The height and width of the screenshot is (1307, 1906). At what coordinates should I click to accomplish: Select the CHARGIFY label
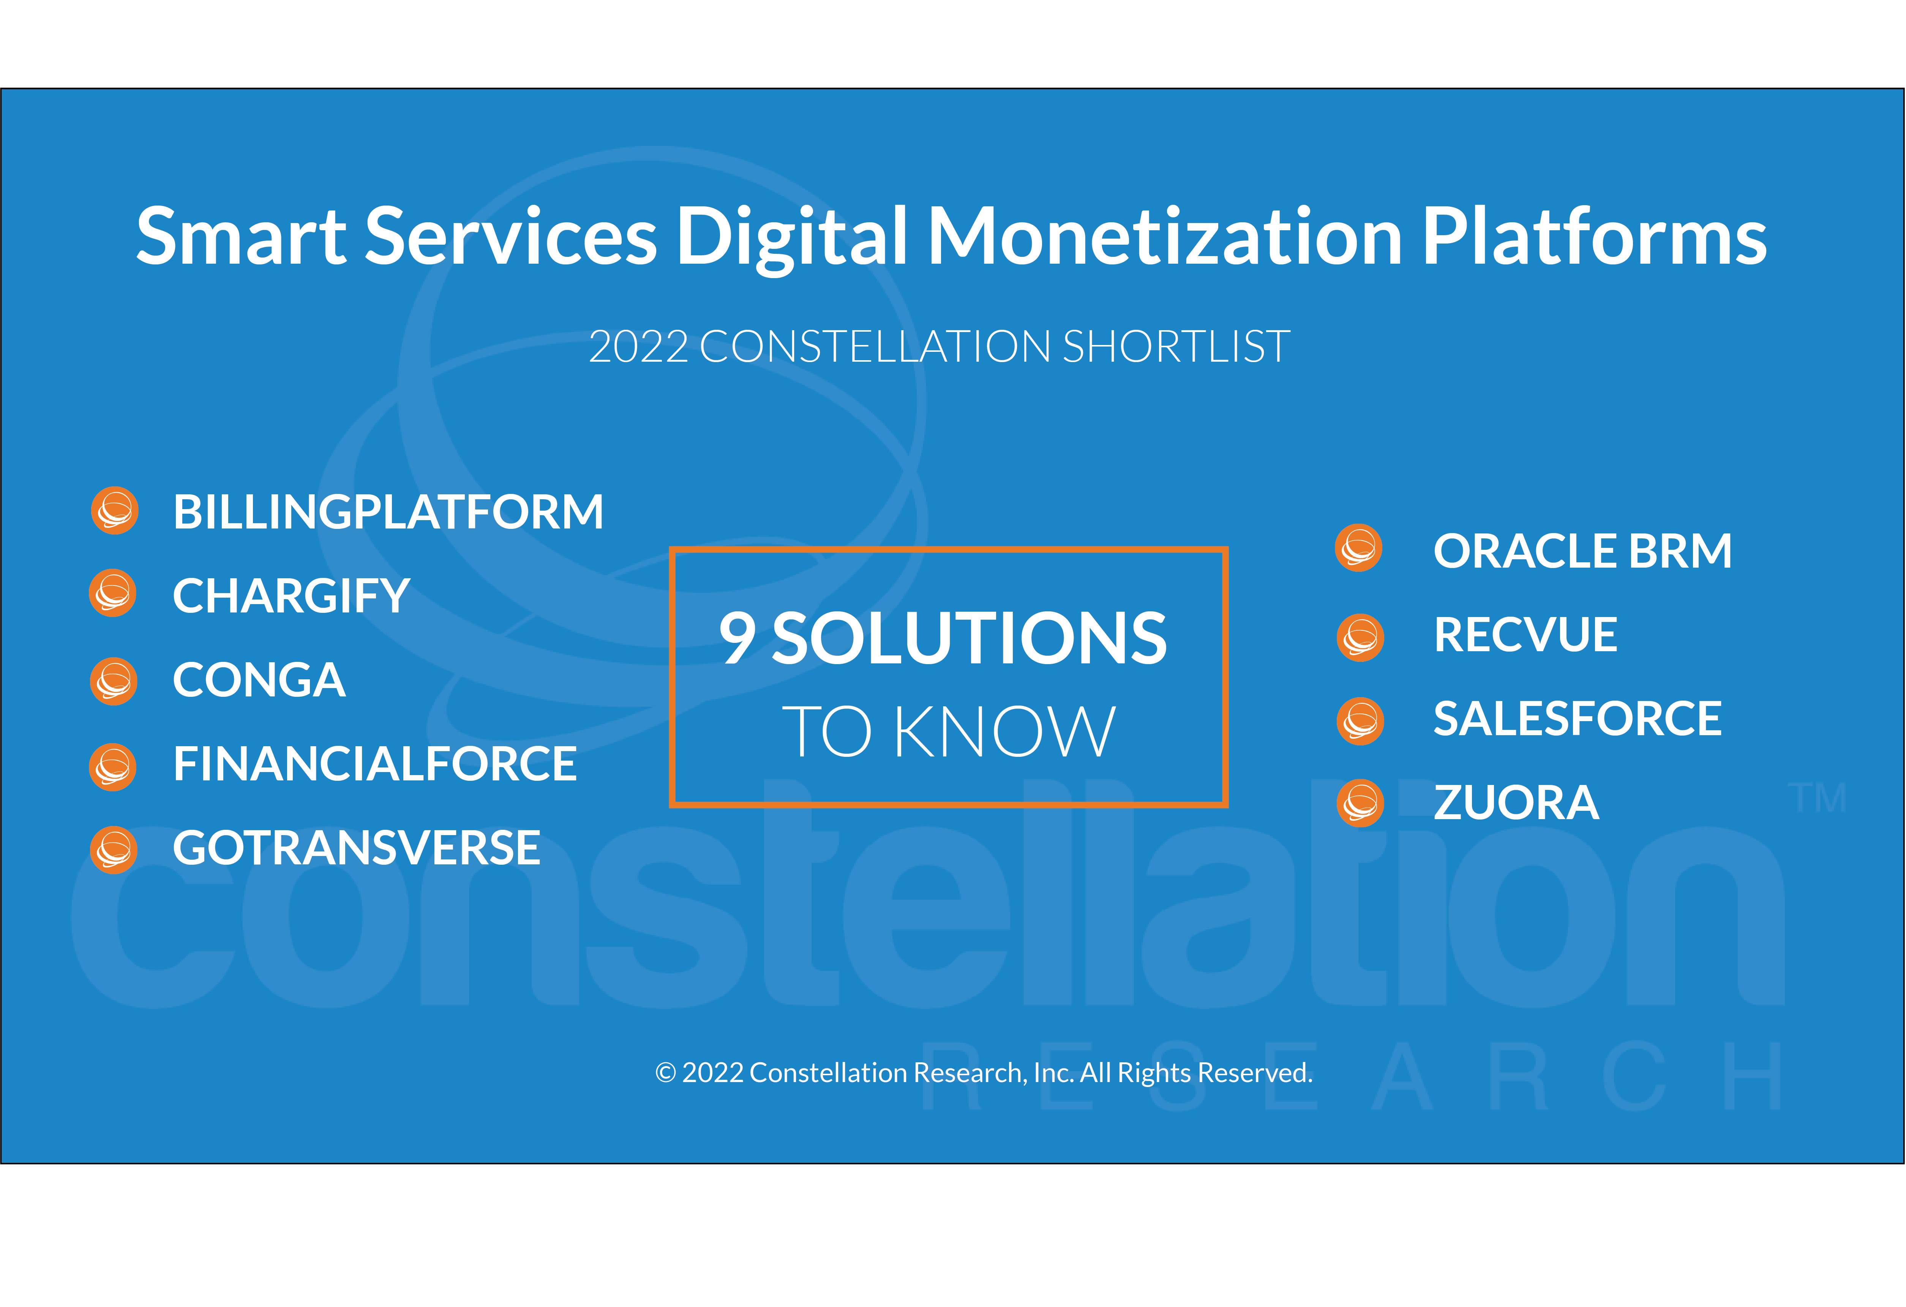click(x=291, y=596)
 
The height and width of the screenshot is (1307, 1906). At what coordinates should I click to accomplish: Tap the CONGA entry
click(x=259, y=680)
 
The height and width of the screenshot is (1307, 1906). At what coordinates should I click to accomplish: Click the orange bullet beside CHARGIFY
click(x=112, y=593)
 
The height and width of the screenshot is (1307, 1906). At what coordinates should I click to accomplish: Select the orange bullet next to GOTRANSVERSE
click(x=113, y=850)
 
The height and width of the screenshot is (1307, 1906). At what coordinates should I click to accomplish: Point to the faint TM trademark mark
click(x=1818, y=798)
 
